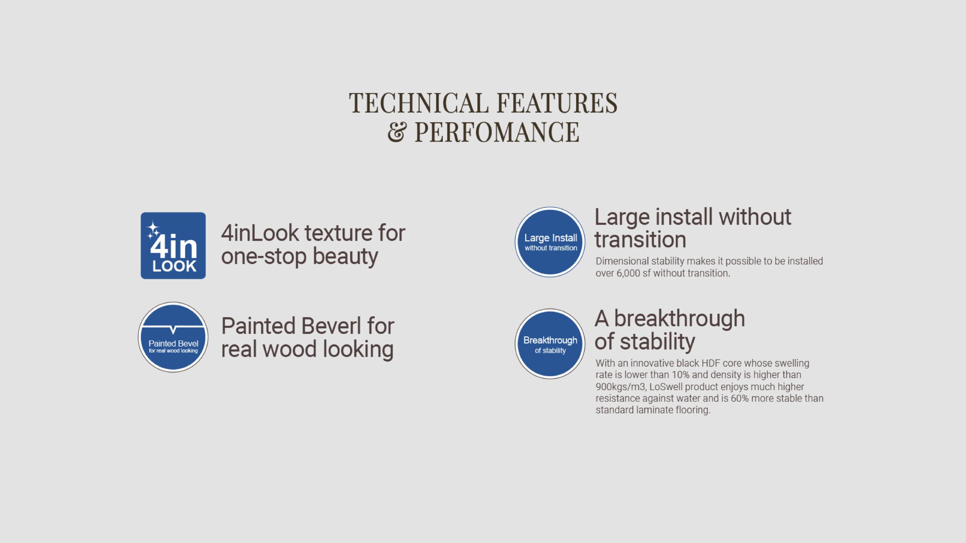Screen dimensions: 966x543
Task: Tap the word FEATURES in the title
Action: [557, 103]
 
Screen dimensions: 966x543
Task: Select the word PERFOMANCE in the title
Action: [497, 132]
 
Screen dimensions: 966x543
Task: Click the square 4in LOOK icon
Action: [173, 245]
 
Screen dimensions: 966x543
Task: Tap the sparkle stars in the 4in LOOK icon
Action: [153, 230]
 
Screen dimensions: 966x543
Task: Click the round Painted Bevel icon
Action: [173, 337]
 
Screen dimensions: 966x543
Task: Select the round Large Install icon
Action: [550, 242]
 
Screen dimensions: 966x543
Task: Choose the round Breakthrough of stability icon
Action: [550, 344]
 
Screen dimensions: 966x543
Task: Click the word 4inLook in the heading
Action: [260, 233]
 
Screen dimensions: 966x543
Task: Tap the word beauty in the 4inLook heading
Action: [345, 257]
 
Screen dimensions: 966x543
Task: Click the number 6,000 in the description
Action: [628, 273]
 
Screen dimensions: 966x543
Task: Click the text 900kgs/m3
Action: [621, 387]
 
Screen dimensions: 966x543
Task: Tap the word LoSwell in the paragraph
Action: [666, 387]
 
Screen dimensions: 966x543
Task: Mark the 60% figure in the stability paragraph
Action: [740, 399]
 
